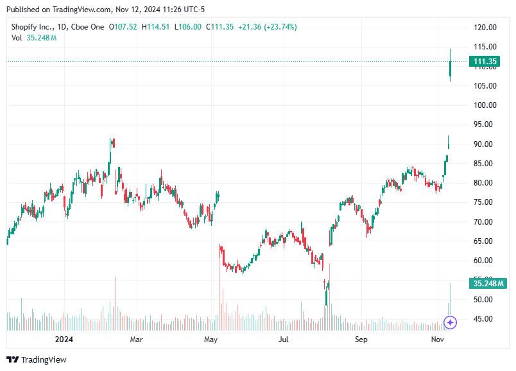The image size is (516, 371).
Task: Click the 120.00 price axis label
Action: (x=485, y=28)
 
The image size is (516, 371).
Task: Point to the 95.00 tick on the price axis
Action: (x=485, y=125)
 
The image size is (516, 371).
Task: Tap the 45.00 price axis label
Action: (x=485, y=319)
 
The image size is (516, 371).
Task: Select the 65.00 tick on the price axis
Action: (x=485, y=241)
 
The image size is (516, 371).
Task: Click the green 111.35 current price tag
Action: (x=486, y=62)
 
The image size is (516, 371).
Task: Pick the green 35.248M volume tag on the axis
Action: (x=489, y=283)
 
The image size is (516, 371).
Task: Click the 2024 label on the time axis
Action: (x=63, y=339)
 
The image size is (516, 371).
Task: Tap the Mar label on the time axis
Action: (x=136, y=339)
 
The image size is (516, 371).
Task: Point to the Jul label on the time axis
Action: (x=283, y=339)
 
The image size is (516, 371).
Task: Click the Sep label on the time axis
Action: (x=361, y=339)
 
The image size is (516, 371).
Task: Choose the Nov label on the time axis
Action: (x=438, y=339)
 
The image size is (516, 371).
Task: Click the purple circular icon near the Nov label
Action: (x=451, y=322)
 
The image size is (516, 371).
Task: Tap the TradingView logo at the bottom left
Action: (x=37, y=359)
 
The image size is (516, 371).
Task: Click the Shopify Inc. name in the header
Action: (x=31, y=27)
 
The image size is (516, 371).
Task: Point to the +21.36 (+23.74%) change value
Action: (x=267, y=27)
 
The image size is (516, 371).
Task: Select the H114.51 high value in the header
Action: (x=157, y=27)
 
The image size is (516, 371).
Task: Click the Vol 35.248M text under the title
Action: (x=34, y=38)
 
